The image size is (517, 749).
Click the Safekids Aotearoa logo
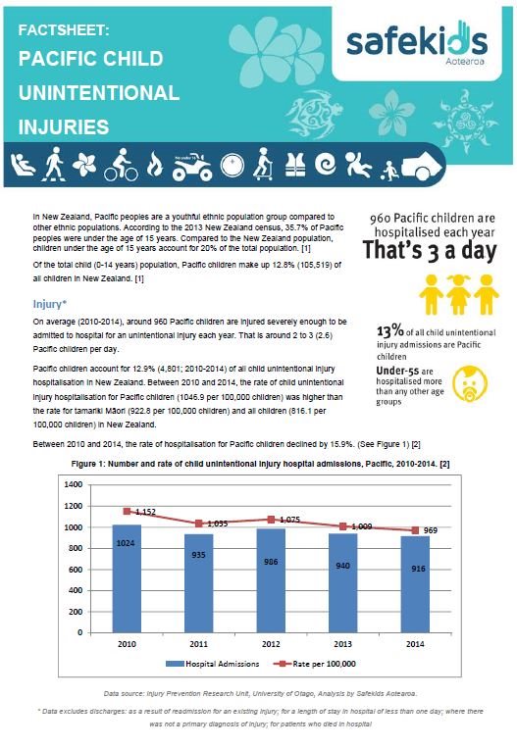(x=417, y=43)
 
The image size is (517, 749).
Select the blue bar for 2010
(x=127, y=578)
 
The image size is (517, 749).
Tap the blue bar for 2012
(x=271, y=580)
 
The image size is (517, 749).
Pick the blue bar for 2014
(x=415, y=584)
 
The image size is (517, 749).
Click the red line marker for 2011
(x=199, y=524)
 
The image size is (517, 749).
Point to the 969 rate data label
(x=430, y=530)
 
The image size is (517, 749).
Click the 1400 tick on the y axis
(x=74, y=484)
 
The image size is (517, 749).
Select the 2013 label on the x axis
(x=342, y=644)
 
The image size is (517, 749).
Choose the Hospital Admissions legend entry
(x=212, y=664)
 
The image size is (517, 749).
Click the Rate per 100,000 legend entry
(x=314, y=664)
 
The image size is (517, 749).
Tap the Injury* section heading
(x=50, y=304)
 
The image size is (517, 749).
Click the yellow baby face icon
(x=470, y=383)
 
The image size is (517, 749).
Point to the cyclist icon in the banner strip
(x=122, y=165)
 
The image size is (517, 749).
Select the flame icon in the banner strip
(x=154, y=165)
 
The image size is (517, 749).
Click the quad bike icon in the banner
(x=192, y=167)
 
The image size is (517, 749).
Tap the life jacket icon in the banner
(x=295, y=166)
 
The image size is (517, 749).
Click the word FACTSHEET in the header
(x=64, y=30)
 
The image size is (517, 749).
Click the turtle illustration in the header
(x=310, y=114)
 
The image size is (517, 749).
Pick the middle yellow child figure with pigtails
(x=459, y=294)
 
